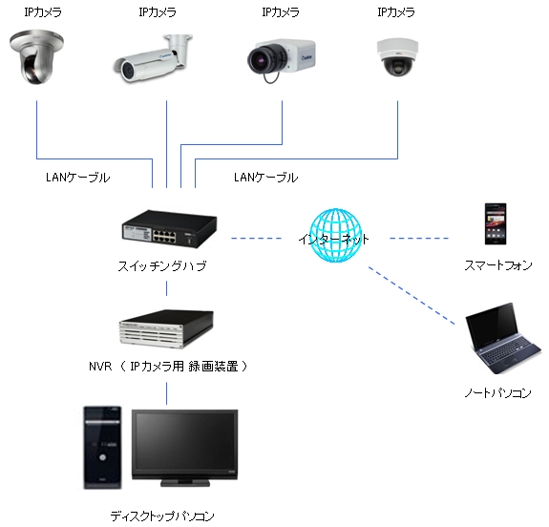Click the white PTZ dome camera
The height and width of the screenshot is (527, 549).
36,57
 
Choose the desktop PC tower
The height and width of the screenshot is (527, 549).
101,447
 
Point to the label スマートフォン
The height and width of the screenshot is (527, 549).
497,266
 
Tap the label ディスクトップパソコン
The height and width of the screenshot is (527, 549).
162,516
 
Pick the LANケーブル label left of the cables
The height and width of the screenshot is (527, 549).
77,178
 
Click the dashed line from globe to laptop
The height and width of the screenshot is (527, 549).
411,300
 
